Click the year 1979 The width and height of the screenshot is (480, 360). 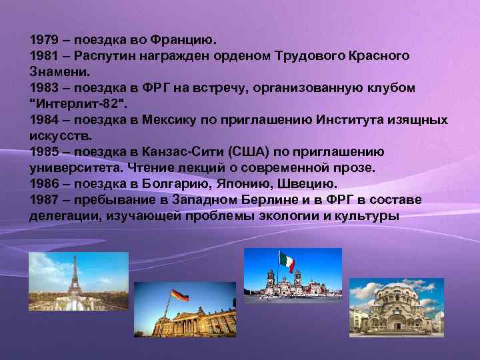point(43,39)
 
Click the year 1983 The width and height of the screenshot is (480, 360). point(43,87)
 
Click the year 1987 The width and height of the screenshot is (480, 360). point(43,200)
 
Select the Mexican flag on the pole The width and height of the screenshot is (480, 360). point(287,261)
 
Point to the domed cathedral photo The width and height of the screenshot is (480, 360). point(396,309)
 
